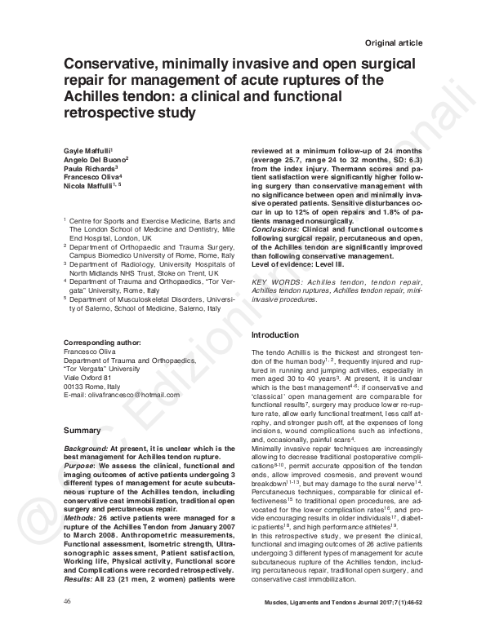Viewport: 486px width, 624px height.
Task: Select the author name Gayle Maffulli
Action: click(x=87, y=153)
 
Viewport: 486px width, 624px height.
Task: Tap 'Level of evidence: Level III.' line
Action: click(x=302, y=263)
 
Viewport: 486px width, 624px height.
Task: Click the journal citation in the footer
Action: click(x=361, y=602)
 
